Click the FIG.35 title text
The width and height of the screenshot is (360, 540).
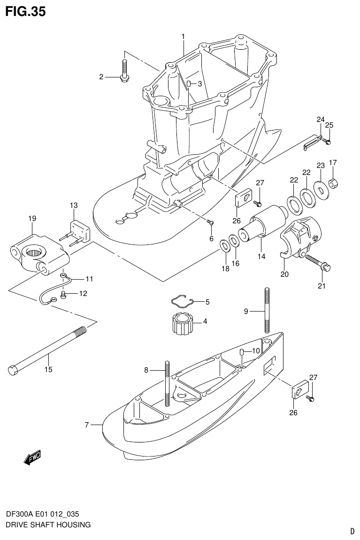[25, 12]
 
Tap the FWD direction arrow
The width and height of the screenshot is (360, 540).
[32, 457]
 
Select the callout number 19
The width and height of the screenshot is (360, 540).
[32, 218]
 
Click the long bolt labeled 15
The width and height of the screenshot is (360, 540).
[47, 348]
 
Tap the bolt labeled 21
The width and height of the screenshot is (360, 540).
[318, 262]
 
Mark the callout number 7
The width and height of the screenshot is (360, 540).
[87, 425]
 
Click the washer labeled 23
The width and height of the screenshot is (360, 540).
[322, 190]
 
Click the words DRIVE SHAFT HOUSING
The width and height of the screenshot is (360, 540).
[48, 525]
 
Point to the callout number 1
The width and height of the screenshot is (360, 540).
[183, 36]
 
